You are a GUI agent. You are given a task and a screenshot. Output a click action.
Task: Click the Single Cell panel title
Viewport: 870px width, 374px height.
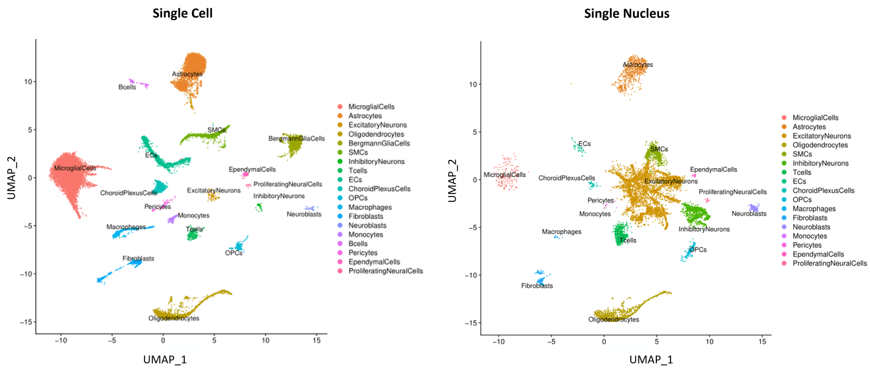click(182, 14)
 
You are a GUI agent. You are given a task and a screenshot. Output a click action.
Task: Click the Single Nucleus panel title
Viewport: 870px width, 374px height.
click(626, 14)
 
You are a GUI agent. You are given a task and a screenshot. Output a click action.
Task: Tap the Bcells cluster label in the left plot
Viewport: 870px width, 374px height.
click(127, 87)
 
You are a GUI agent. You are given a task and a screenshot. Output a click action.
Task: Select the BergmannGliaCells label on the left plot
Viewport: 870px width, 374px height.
click(296, 138)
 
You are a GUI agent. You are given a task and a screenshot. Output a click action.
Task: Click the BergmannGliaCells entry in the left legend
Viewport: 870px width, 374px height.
click(379, 143)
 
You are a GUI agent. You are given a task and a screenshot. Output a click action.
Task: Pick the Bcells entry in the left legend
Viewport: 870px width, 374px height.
click(358, 244)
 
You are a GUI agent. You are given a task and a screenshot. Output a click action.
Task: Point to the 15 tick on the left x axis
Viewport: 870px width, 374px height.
click(316, 341)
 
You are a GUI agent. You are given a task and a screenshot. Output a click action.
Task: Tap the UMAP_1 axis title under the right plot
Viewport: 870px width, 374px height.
click(651, 359)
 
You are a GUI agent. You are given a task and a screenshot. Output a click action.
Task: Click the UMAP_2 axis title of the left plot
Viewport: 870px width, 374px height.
click(11, 177)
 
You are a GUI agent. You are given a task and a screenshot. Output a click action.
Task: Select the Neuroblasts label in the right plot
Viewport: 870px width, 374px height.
click(749, 214)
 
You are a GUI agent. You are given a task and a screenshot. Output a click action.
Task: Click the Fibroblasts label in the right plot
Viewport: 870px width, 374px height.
click(537, 286)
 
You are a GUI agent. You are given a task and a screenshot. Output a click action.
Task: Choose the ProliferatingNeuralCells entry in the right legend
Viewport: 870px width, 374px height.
click(830, 263)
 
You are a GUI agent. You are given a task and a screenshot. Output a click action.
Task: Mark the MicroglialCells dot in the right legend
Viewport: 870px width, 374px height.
click(784, 118)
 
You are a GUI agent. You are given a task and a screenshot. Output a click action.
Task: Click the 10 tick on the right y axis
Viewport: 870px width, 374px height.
click(473, 84)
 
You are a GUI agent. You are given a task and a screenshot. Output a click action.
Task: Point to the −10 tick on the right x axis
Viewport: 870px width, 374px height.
click(498, 342)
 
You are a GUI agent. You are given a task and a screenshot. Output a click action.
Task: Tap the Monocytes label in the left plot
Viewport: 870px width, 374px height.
click(193, 216)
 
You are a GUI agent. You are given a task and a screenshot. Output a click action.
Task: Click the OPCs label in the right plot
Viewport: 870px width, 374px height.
click(698, 250)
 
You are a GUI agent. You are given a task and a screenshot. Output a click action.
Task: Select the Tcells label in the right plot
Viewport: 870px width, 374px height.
click(627, 240)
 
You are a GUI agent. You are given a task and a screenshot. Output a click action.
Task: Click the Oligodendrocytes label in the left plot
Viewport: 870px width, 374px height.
click(173, 318)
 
